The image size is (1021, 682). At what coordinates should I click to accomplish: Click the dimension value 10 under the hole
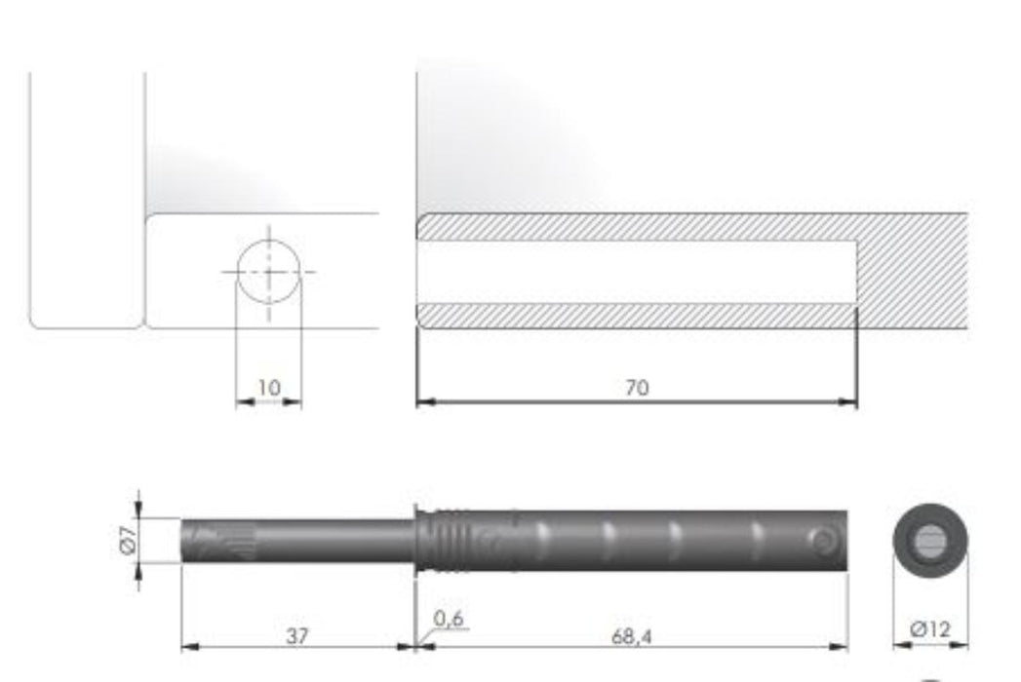268,388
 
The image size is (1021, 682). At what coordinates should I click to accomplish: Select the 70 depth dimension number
636,388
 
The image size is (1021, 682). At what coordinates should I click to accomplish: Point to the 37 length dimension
297,635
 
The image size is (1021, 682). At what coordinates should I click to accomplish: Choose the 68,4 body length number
632,635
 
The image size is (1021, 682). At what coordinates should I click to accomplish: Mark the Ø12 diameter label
930,630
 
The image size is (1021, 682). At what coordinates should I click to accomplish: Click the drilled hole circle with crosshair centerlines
269,270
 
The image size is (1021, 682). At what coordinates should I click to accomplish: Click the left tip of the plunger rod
184,540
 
